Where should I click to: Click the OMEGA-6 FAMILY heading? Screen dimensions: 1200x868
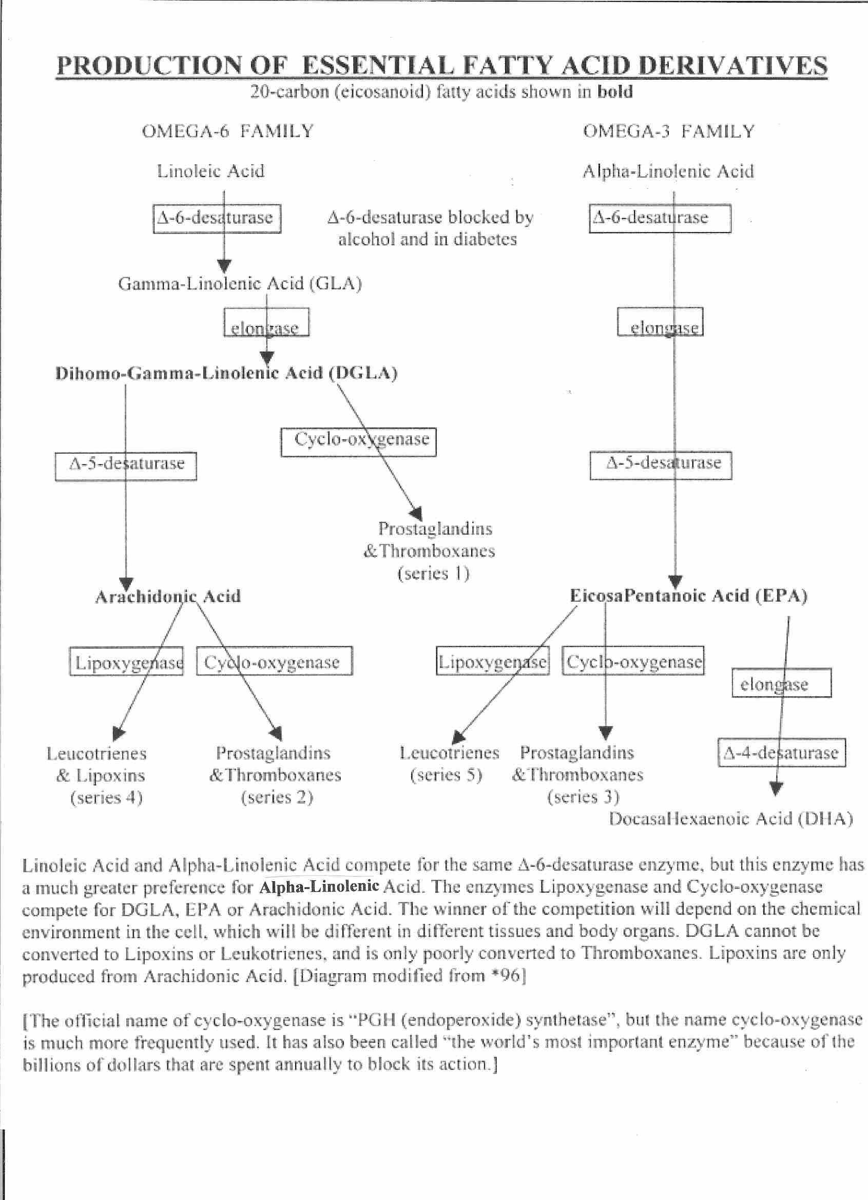coord(227,131)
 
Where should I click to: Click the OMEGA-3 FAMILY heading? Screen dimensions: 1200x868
coord(668,131)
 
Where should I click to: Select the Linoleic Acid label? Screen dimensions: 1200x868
coord(210,171)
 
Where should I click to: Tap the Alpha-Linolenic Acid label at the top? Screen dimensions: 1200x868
coord(668,171)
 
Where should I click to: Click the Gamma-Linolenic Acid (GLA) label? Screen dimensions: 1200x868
coord(240,284)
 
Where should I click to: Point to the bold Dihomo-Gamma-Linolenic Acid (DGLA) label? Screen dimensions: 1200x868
coord(226,374)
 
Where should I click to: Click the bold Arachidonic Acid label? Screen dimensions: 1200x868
coord(168,597)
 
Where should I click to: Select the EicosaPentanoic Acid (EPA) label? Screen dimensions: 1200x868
coord(688,596)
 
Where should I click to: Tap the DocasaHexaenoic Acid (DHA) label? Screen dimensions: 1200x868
coord(731,819)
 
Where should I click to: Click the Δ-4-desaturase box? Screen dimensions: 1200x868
coord(781,753)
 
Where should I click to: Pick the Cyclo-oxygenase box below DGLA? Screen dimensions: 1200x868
coord(358,442)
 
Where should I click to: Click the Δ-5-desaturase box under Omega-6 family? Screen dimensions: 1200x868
coord(126,466)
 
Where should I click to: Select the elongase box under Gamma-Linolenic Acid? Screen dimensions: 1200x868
coord(266,323)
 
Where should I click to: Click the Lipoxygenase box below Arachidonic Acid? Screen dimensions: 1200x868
coord(126,662)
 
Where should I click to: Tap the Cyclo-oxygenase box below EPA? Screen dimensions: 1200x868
coord(633,662)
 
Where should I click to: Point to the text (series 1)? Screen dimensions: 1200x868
coord(433,573)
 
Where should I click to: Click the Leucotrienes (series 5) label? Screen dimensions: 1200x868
coord(449,764)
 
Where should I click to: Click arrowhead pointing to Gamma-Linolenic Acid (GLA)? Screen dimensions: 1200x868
coord(224,266)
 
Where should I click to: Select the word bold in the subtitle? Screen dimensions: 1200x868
coord(614,92)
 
